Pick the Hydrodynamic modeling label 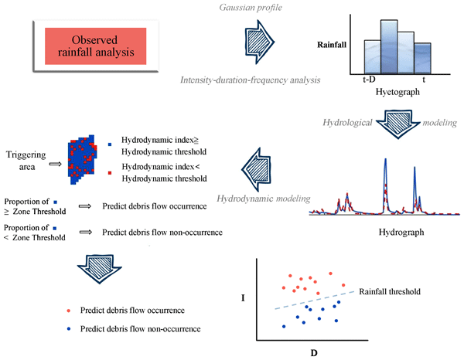click(259, 199)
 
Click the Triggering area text click(26, 155)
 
